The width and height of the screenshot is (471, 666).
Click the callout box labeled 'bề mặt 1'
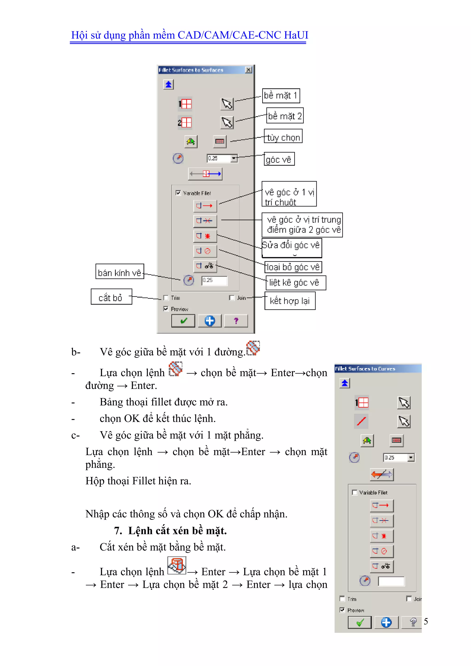281,96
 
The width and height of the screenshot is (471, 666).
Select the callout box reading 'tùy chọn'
283,136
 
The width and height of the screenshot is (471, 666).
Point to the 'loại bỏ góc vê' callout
293,267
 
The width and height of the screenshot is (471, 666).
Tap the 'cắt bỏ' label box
111,297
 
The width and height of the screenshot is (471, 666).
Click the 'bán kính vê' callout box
120,272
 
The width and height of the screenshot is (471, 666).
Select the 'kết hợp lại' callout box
290,301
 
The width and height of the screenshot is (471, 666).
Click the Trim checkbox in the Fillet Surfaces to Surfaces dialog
166,298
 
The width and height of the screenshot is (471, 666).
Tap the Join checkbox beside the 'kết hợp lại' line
232,298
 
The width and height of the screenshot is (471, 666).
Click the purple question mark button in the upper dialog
236,321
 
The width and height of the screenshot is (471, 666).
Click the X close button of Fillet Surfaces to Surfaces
249,70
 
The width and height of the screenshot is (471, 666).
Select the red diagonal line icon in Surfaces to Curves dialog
361,421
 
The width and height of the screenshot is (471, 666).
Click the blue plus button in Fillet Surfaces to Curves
386,623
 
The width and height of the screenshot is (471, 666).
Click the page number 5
426,621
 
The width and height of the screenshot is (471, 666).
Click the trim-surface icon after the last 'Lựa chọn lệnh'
177,566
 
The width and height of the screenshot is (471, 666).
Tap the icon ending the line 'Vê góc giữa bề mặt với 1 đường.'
253,348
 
